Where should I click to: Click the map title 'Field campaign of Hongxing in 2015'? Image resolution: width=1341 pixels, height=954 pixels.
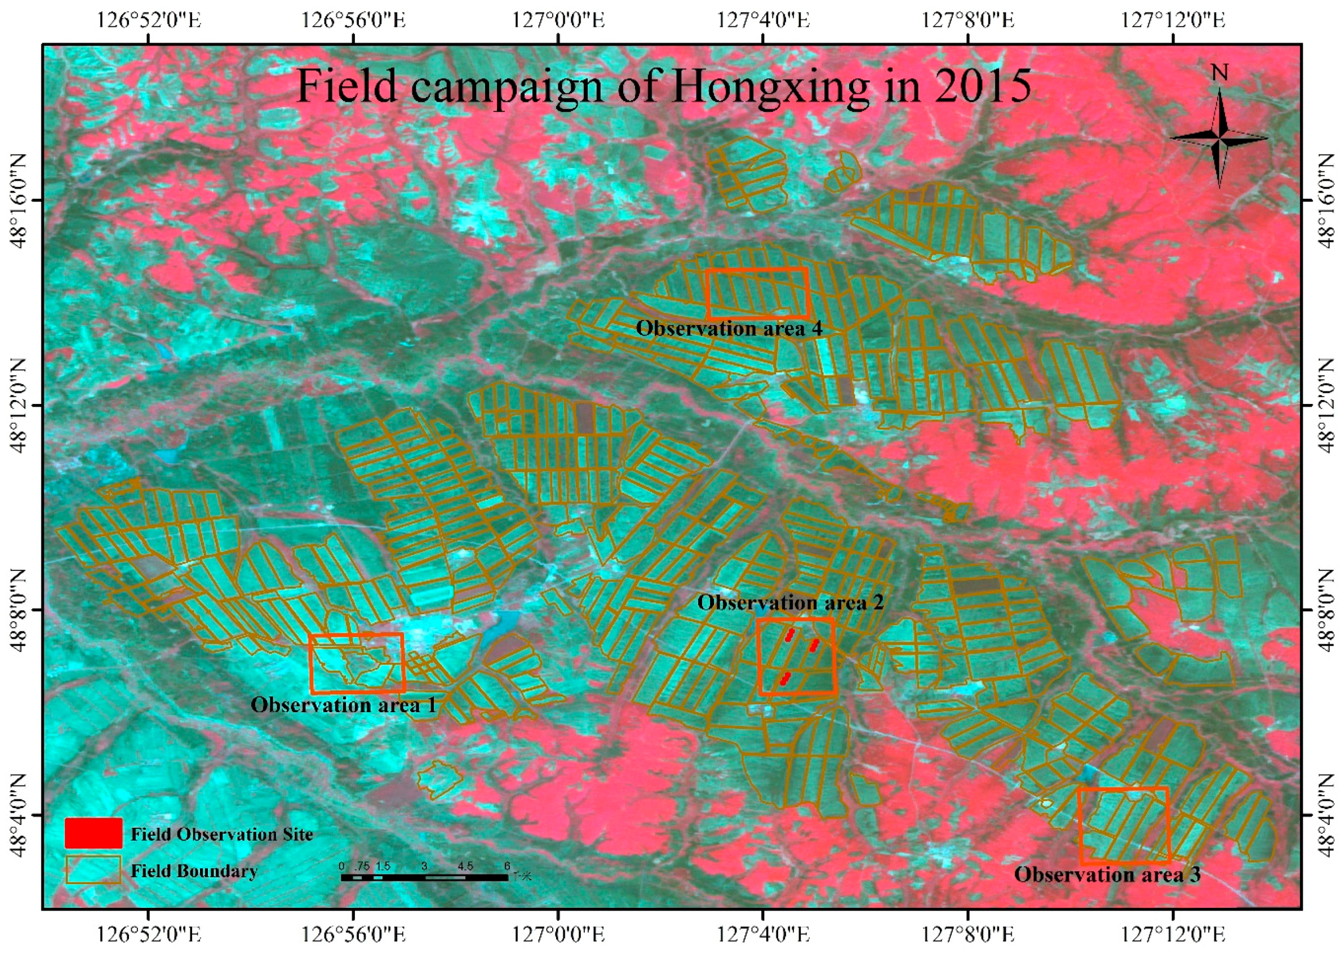[664, 87]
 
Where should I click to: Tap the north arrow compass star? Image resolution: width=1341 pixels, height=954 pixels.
[1219, 139]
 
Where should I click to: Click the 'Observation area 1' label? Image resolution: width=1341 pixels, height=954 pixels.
[344, 704]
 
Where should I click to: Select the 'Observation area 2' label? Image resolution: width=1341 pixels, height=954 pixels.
[790, 603]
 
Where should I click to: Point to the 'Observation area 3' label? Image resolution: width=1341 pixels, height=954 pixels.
[1107, 875]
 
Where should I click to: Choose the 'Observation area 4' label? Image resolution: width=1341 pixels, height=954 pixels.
[729, 329]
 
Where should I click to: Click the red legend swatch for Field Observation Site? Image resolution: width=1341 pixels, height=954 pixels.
[94, 833]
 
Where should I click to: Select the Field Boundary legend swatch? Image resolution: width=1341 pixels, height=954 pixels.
[94, 870]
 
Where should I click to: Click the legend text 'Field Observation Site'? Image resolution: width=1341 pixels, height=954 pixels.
[221, 834]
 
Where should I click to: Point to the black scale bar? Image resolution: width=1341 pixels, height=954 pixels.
[424, 877]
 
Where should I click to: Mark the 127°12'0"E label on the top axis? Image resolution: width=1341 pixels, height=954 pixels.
[1172, 21]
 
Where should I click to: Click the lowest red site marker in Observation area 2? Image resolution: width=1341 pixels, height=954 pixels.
[785, 679]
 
